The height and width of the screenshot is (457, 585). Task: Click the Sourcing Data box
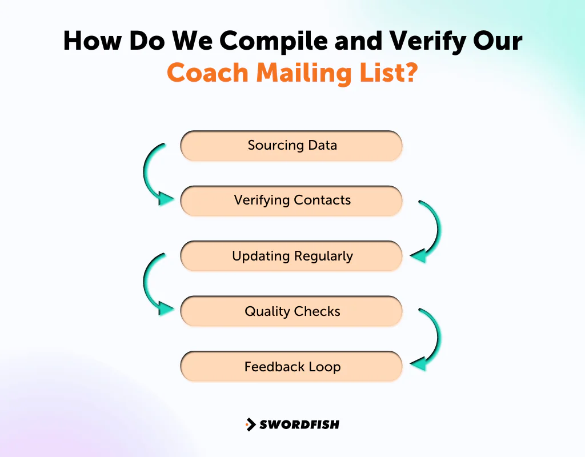[291, 146]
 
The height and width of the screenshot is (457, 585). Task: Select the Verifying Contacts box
[291, 201]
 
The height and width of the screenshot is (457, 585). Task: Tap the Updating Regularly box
[291, 256]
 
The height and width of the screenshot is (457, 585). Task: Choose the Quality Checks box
[291, 311]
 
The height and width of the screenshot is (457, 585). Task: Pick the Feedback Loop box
[291, 367]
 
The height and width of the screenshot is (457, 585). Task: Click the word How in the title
[91, 41]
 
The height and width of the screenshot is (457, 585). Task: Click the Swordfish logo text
[299, 424]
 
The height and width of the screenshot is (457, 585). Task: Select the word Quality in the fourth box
[267, 312]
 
